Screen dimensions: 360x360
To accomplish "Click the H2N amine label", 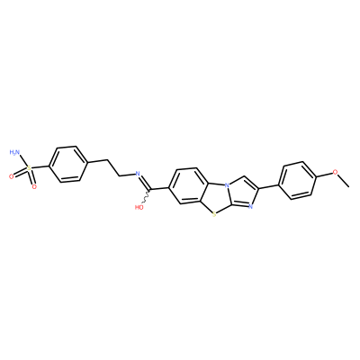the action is (14, 153).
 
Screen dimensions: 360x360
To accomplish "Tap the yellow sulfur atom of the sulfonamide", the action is (29, 168).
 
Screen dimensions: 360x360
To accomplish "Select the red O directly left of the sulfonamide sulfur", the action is (12, 176).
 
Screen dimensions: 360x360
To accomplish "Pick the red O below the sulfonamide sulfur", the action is (34, 187).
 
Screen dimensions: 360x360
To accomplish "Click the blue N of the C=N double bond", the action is (138, 174).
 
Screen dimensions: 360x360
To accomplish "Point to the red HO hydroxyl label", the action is (139, 207).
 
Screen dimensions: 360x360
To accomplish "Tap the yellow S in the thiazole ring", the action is (213, 214).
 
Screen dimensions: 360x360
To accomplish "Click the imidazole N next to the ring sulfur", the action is (251, 206).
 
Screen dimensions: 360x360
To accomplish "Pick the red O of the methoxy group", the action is (335, 172).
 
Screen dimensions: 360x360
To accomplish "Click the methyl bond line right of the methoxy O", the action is (344, 181).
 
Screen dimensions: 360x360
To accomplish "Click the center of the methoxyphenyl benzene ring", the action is (298, 181).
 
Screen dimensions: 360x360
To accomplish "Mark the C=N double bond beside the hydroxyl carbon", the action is (145, 182).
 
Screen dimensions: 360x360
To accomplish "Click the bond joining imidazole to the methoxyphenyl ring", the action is (269, 186).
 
